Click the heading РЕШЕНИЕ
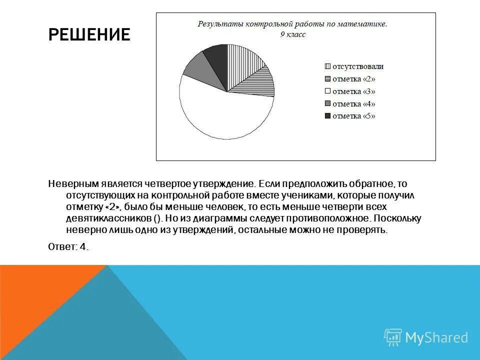coord(89,34)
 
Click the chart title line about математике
coord(292,24)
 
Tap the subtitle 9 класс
coord(292,34)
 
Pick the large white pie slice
coord(220,112)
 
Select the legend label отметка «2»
coord(353,79)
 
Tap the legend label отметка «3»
coord(353,91)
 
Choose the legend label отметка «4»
coord(353,104)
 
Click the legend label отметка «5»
coord(353,116)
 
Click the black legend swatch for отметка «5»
coord(328,116)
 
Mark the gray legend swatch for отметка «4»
coord(328,104)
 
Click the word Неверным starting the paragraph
coord(70,184)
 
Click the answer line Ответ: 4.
coord(68,246)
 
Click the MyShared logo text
coord(436,337)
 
